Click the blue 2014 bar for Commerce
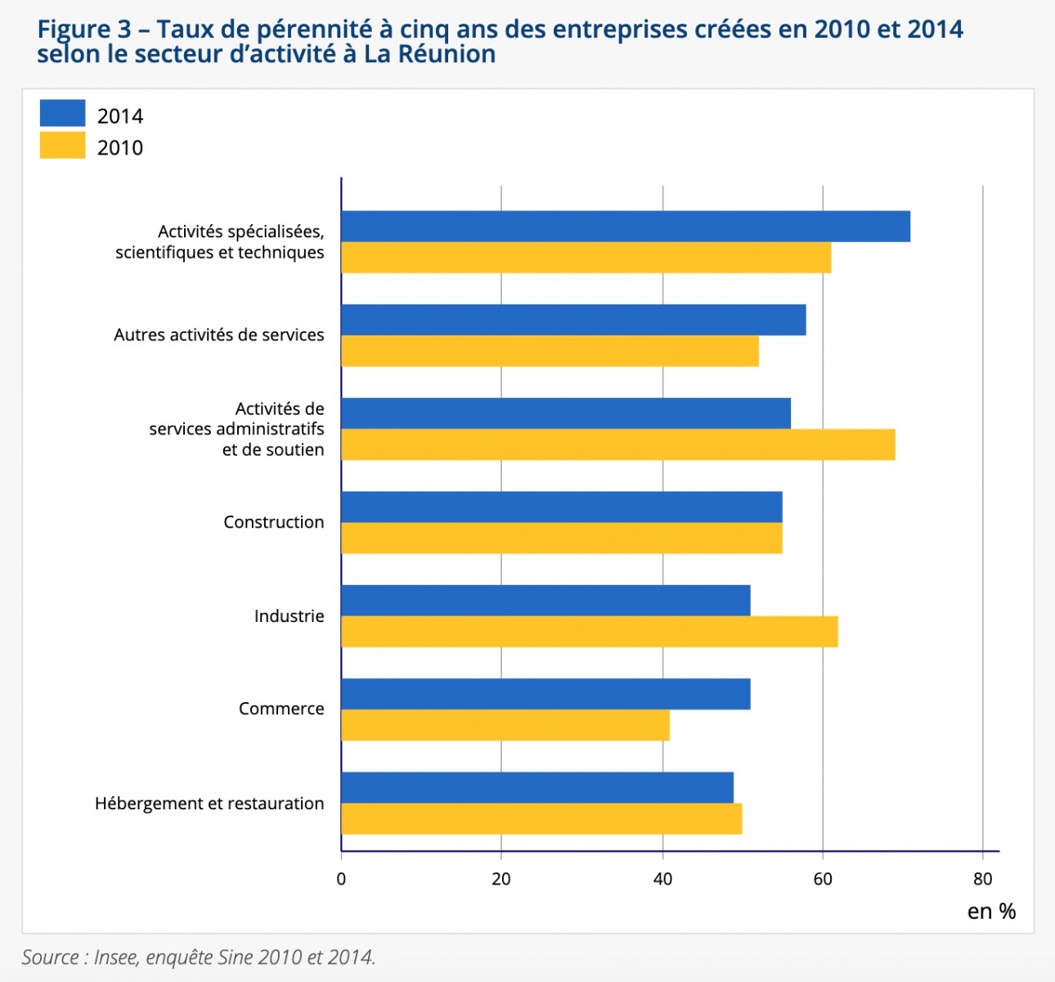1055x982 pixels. point(545,694)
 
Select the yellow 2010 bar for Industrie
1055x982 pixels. point(589,632)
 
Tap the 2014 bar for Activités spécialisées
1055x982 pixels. point(626,227)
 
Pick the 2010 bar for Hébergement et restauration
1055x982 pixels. point(541,819)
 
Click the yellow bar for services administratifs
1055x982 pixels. point(617,444)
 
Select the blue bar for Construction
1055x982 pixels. point(561,507)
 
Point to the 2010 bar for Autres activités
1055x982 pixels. point(550,351)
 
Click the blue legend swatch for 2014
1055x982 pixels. point(62,113)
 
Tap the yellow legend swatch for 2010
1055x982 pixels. point(62,146)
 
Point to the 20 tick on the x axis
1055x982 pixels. point(501,879)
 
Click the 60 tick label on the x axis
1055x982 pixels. point(823,879)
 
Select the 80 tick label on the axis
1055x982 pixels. point(983,879)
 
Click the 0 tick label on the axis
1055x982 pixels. point(341,879)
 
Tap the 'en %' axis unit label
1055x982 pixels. point(991,912)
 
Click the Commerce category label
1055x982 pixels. point(281,709)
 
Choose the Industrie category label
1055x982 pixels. point(289,616)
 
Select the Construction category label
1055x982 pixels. point(274,522)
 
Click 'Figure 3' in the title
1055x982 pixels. point(84,29)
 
